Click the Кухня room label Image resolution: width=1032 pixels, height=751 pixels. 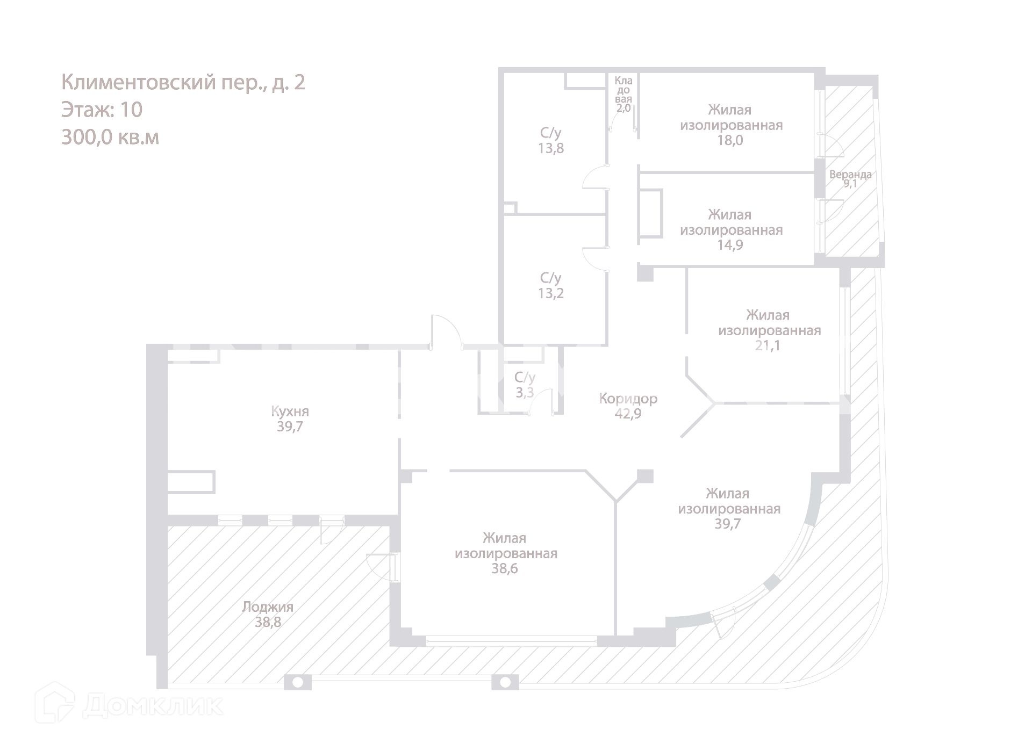coord(290,411)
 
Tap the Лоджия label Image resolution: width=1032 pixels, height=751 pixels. coord(268,607)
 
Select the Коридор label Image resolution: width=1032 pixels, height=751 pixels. coord(628,399)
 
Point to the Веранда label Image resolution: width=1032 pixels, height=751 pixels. coord(850,175)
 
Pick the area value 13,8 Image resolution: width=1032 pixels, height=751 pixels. coord(551,148)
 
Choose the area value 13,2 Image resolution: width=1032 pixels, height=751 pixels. coord(551,293)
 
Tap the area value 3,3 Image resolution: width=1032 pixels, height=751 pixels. coord(525,393)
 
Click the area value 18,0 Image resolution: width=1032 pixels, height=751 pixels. coord(730,140)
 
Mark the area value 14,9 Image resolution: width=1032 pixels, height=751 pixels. coord(730,245)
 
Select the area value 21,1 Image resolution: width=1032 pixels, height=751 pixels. coord(768,345)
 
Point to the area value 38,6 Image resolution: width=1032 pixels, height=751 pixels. coord(504,568)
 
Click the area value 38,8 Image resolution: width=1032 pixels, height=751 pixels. coord(268,622)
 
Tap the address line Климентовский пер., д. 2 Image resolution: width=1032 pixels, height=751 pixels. coord(183,82)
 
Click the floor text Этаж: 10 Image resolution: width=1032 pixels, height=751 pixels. coord(102,110)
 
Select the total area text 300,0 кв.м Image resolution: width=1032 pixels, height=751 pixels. coord(110,138)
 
